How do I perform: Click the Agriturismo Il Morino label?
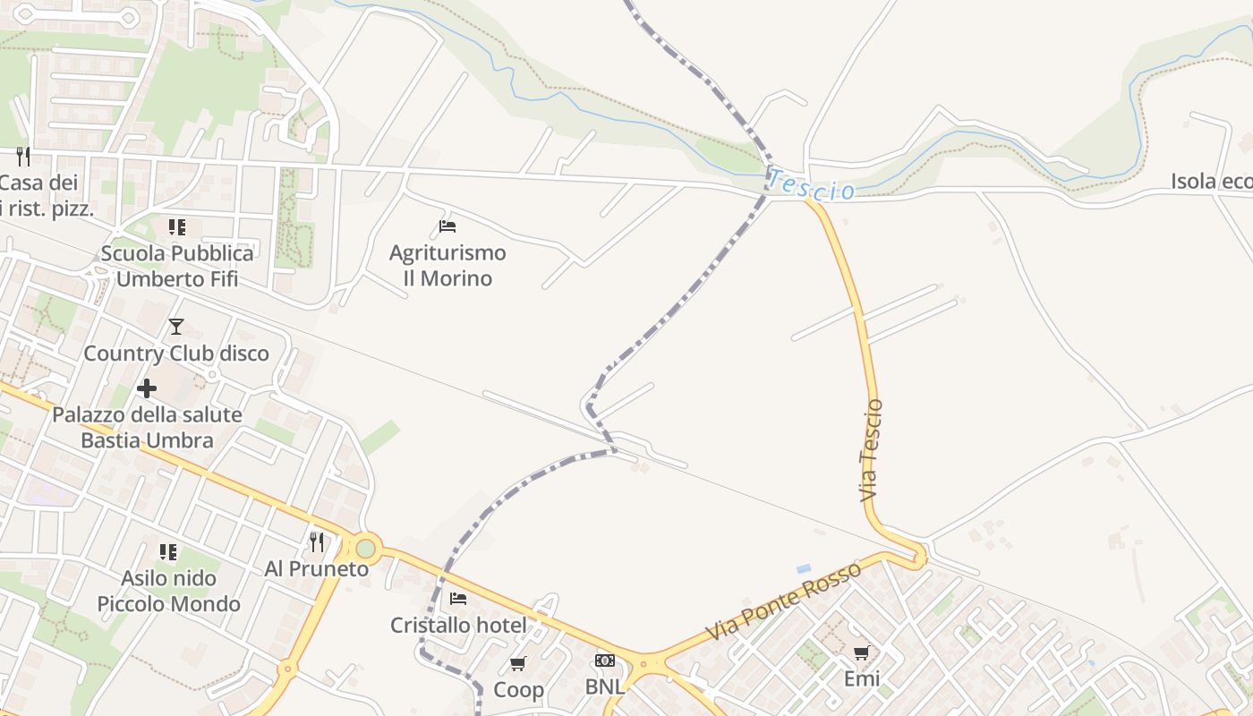(x=447, y=265)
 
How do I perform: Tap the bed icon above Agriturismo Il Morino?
(x=447, y=226)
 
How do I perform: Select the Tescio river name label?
(x=811, y=184)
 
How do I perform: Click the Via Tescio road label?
(x=871, y=450)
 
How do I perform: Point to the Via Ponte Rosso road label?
(x=783, y=601)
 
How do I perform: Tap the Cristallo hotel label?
(x=458, y=625)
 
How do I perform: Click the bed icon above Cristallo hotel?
(x=458, y=598)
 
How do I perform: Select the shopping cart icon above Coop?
(x=517, y=663)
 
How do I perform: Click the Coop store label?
(x=518, y=690)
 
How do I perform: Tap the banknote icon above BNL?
(x=605, y=661)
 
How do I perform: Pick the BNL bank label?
(x=605, y=687)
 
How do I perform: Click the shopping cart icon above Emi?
(x=861, y=652)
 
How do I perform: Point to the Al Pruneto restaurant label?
(x=317, y=568)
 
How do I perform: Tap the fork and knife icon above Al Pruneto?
(x=316, y=541)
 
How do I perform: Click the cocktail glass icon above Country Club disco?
(x=176, y=326)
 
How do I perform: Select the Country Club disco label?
(x=176, y=354)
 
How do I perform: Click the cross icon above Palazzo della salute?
(x=147, y=388)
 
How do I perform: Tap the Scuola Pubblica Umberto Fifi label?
(x=177, y=266)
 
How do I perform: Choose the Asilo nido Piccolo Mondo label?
(x=169, y=591)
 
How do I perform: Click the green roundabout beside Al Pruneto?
(x=366, y=548)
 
